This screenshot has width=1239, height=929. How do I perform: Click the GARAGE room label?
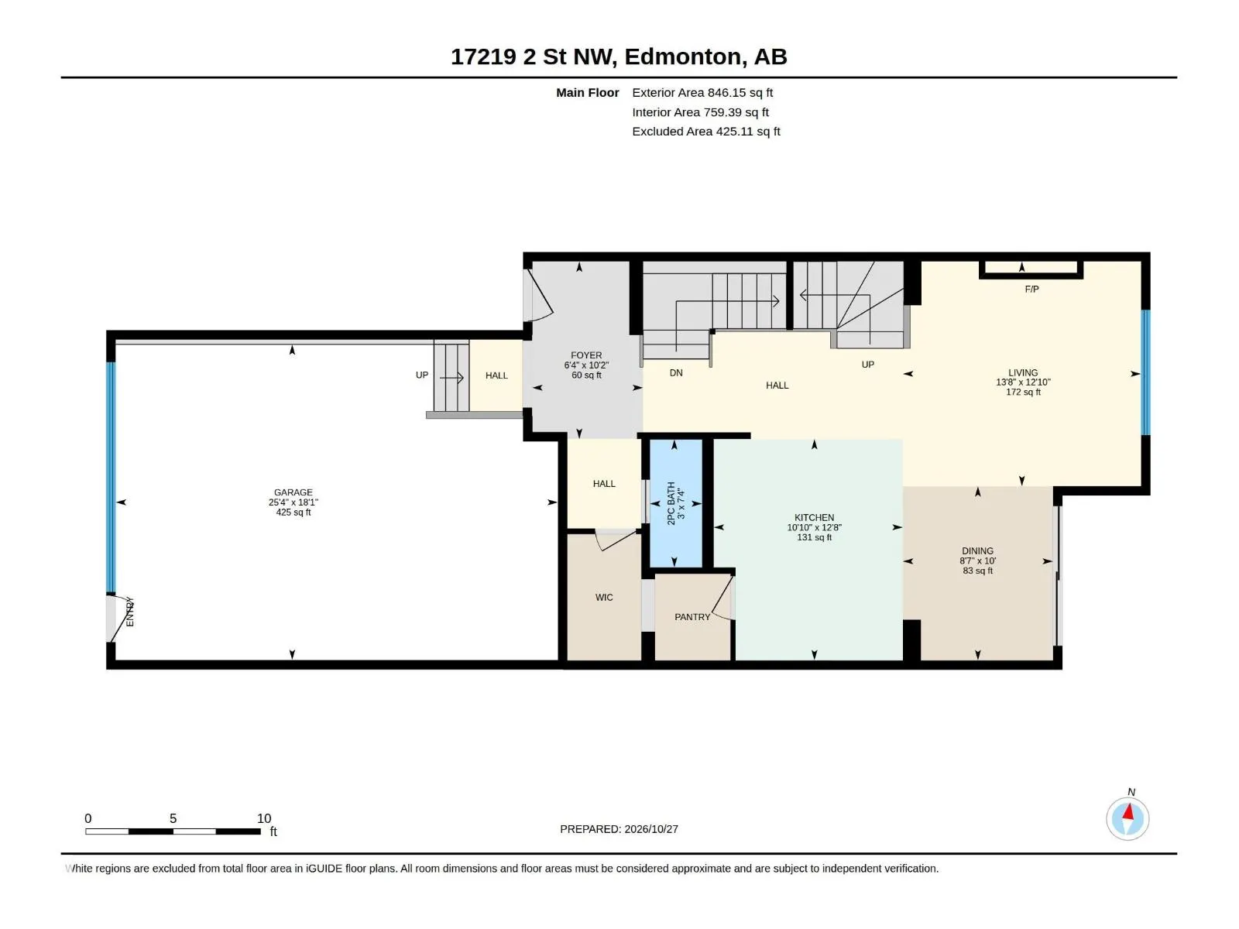tap(293, 492)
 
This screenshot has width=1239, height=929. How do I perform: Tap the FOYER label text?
tap(586, 355)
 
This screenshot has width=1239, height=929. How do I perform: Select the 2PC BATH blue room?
tap(676, 503)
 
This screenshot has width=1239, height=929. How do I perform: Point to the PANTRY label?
tap(692, 617)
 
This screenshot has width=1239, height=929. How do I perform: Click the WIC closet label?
tap(603, 598)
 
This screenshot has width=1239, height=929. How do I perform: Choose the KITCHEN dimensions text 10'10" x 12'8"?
tap(814, 527)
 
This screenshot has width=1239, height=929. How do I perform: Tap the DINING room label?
tap(977, 551)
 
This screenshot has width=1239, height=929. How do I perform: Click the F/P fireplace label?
tap(1031, 290)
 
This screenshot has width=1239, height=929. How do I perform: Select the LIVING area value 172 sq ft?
tap(1023, 392)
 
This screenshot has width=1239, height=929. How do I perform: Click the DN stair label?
tap(676, 373)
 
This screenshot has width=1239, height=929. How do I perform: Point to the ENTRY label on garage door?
tap(130, 612)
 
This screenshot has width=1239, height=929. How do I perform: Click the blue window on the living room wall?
tap(1145, 373)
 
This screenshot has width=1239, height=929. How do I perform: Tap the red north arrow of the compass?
tap(1128, 812)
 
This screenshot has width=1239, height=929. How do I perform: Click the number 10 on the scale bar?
tap(263, 818)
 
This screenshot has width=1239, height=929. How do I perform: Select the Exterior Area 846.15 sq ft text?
tap(702, 92)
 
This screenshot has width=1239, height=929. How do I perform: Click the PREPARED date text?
tap(619, 829)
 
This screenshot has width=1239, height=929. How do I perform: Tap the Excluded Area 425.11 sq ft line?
tap(705, 132)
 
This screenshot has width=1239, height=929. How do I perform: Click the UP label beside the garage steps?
tap(422, 375)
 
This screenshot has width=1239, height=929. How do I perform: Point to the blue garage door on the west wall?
tap(112, 477)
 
